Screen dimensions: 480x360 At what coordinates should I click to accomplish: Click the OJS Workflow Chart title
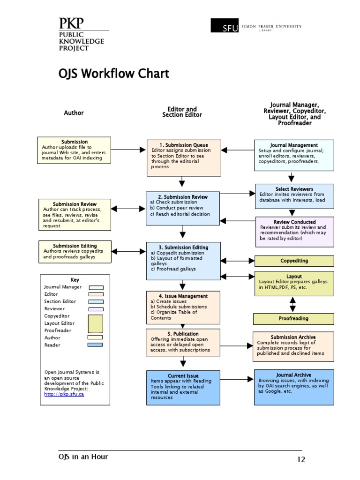click(x=113, y=74)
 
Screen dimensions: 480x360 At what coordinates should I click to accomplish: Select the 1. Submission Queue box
click(x=183, y=158)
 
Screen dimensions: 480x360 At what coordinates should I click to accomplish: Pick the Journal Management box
click(x=294, y=154)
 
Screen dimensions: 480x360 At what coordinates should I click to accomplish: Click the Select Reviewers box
click(x=294, y=196)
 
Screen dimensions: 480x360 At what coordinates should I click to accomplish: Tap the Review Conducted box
click(x=294, y=232)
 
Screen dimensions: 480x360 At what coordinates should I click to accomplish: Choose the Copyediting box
click(x=294, y=261)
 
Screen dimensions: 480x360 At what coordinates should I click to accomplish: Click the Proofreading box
click(x=294, y=319)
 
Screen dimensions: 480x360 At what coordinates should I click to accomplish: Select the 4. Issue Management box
click(x=183, y=307)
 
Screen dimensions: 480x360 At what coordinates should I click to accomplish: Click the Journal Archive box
click(x=294, y=387)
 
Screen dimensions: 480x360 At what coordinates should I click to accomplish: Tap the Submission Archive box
click(x=293, y=346)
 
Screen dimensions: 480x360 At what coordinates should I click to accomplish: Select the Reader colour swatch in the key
click(x=95, y=345)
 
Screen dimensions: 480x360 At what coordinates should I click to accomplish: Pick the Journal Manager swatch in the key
click(x=96, y=287)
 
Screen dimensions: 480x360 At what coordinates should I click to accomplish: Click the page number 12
click(x=300, y=459)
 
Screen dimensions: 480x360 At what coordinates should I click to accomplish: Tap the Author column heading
click(x=74, y=113)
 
